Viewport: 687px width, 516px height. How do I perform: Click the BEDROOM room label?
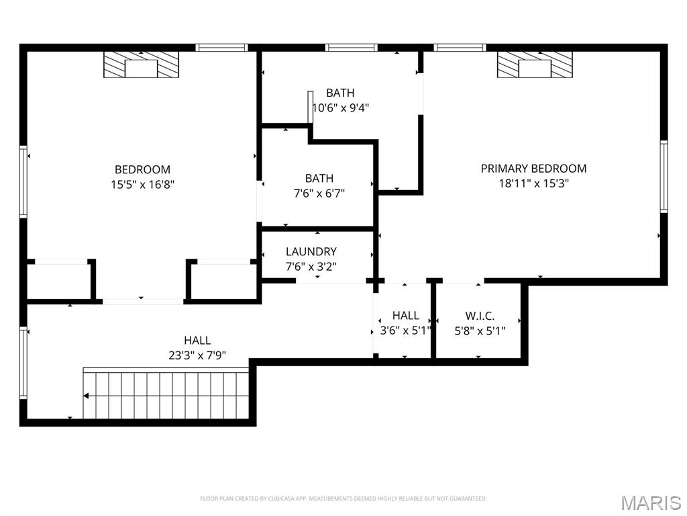pyautogui.click(x=142, y=170)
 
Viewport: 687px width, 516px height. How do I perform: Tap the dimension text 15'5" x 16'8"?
pyautogui.click(x=142, y=184)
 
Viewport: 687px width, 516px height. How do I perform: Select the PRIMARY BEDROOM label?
pyautogui.click(x=533, y=169)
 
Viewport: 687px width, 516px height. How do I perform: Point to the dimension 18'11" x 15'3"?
pyautogui.click(x=533, y=183)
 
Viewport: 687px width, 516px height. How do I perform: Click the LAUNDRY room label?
pyautogui.click(x=311, y=252)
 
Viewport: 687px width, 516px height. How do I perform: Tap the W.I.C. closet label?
pyautogui.click(x=480, y=316)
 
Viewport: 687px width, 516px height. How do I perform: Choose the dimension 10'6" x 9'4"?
pyautogui.click(x=341, y=107)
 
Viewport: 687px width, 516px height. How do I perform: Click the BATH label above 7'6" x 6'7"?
pyautogui.click(x=319, y=179)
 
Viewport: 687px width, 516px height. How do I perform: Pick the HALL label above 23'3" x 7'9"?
pyautogui.click(x=197, y=341)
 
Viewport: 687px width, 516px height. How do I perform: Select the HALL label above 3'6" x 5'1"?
pyautogui.click(x=405, y=316)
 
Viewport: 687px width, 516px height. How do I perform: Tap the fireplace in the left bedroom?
pyautogui.click(x=142, y=66)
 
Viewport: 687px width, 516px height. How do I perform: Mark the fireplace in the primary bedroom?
pyautogui.click(x=535, y=66)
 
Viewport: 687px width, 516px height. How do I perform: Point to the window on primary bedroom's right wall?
pyautogui.click(x=663, y=176)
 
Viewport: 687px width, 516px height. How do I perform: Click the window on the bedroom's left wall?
pyautogui.click(x=23, y=182)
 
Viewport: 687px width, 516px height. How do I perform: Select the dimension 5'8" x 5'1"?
pyautogui.click(x=480, y=331)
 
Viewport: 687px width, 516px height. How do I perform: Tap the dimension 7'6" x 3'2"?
pyautogui.click(x=311, y=266)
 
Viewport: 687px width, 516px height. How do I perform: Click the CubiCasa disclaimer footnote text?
pyautogui.click(x=343, y=499)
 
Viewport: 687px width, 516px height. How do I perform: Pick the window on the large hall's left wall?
pyautogui.click(x=23, y=363)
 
